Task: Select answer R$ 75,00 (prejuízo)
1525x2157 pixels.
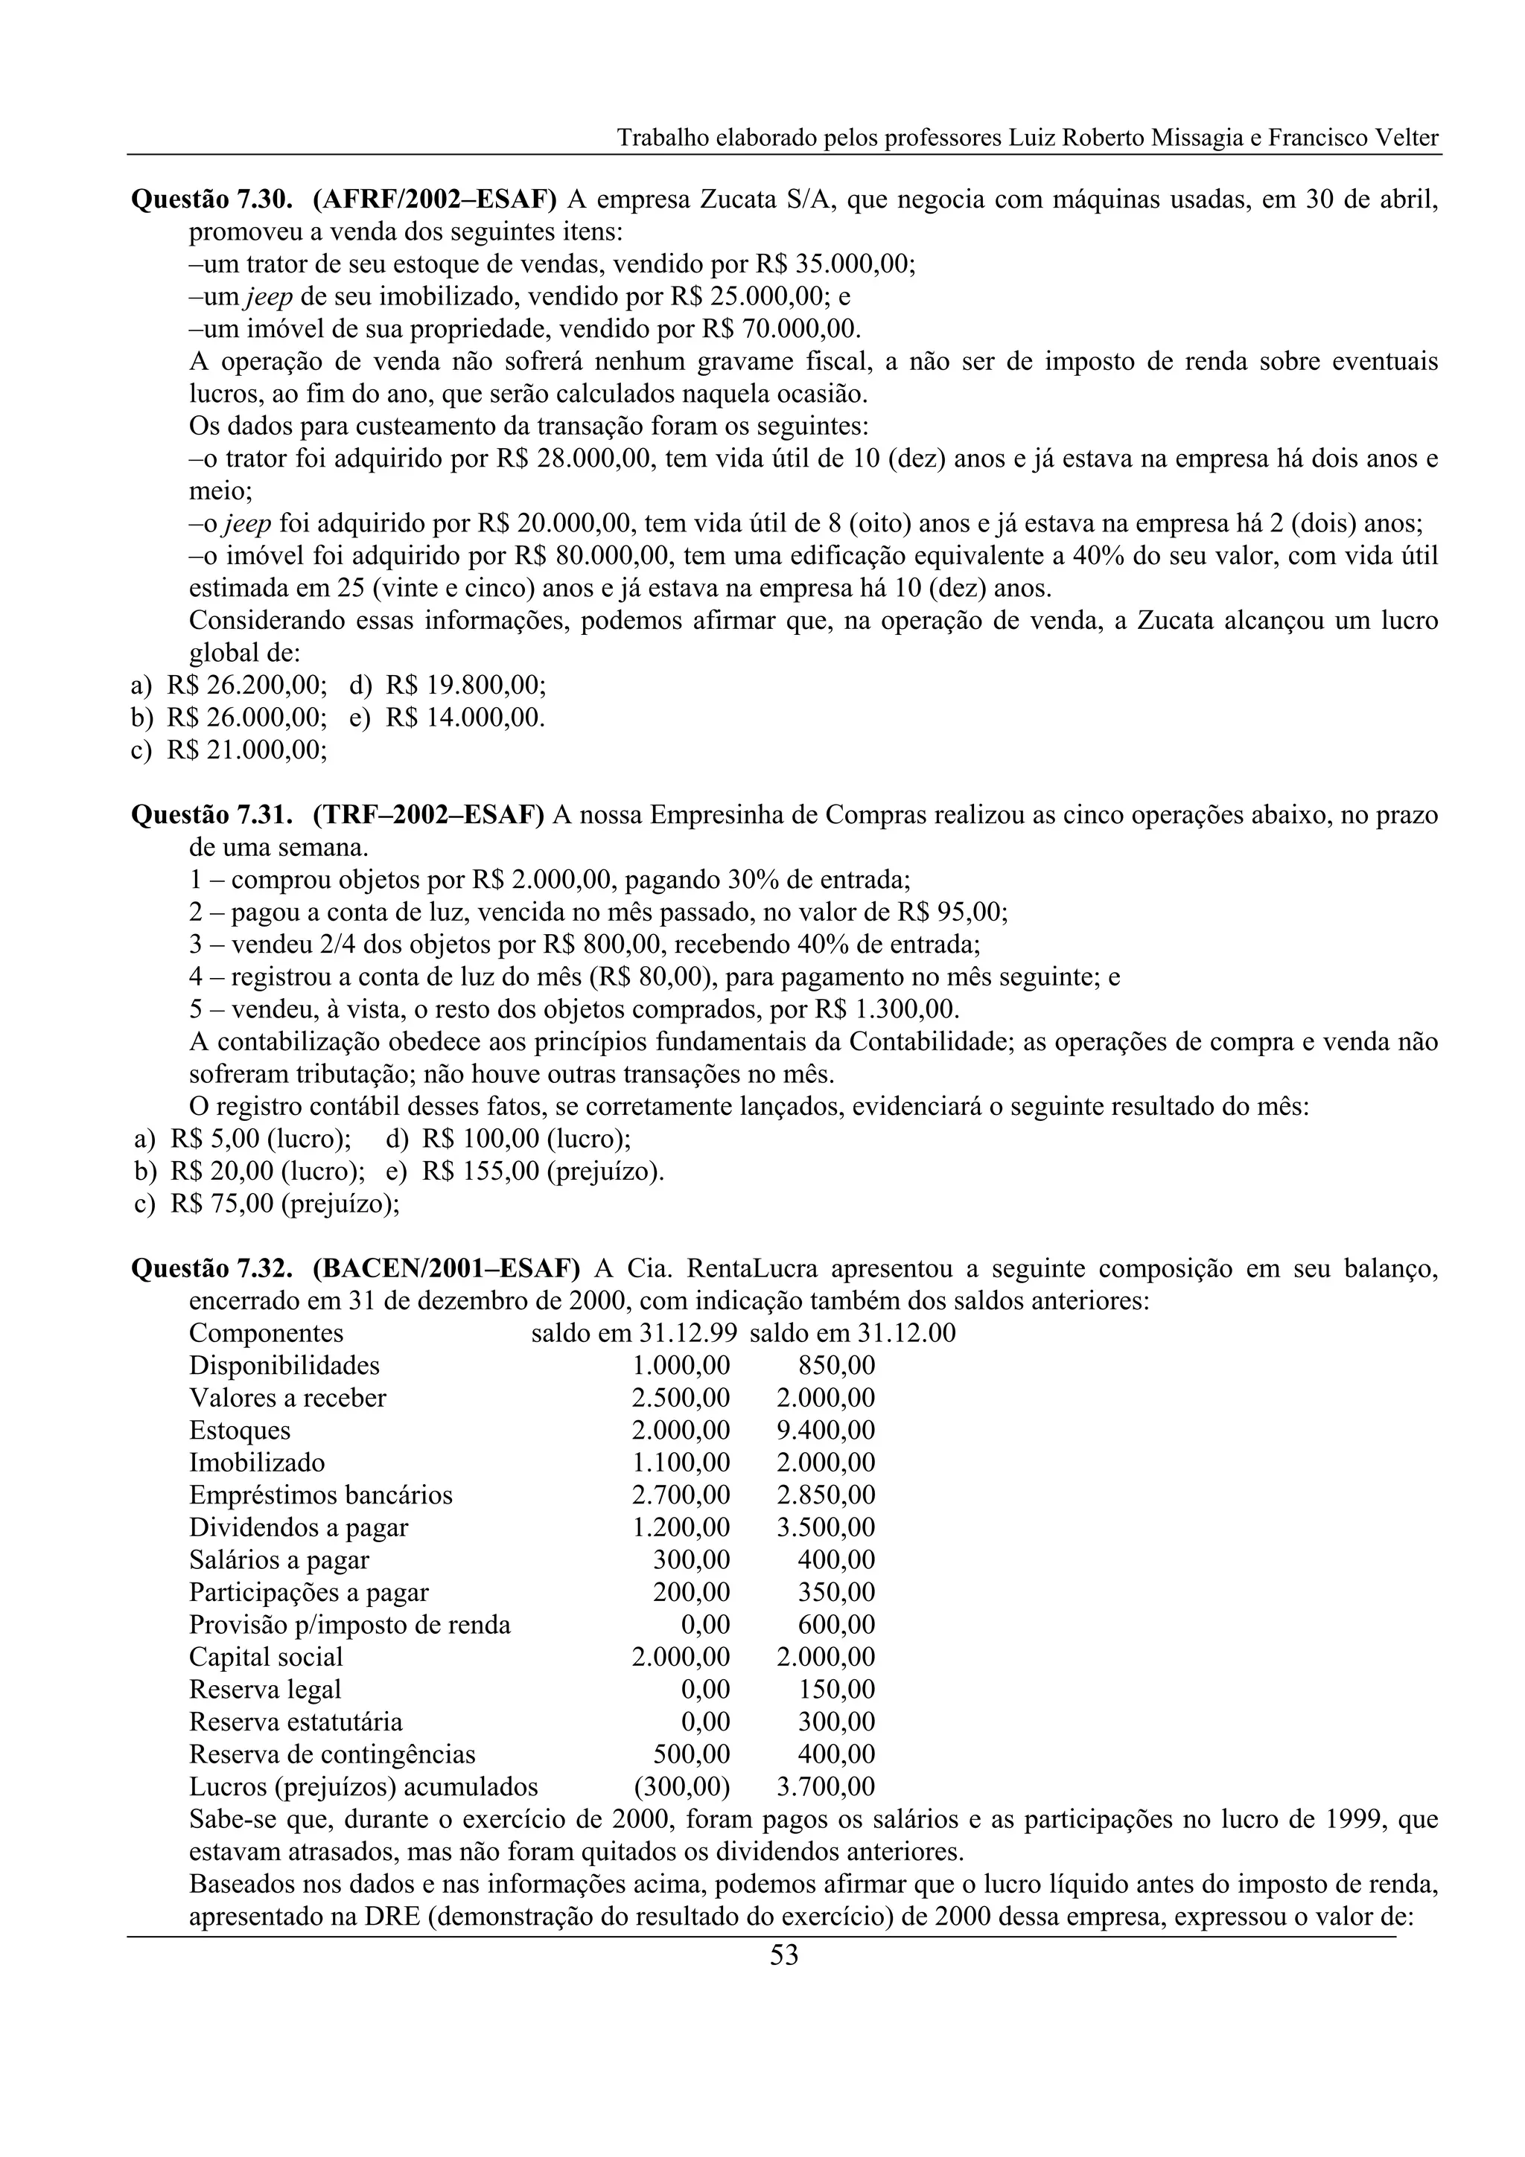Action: pos(284,1204)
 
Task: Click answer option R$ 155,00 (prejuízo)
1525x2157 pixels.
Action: pos(542,1172)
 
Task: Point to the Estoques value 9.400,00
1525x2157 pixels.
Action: pos(825,1431)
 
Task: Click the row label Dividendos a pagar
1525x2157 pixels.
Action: pos(299,1527)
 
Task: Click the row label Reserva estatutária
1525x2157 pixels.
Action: pos(295,1722)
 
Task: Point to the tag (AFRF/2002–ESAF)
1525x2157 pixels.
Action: pos(435,200)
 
